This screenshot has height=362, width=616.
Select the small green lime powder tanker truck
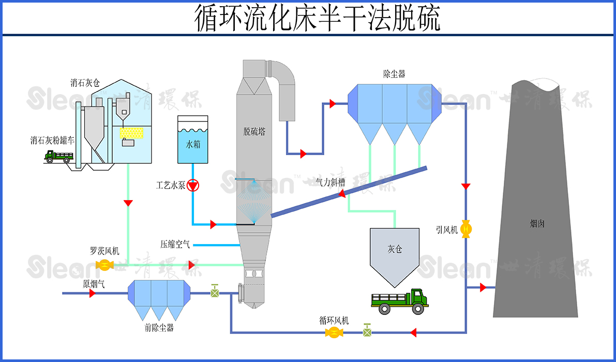pos(58,156)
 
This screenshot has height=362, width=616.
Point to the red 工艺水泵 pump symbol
pos(193,185)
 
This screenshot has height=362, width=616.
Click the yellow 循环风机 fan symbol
pos(334,333)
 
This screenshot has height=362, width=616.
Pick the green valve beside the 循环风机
pos(367,331)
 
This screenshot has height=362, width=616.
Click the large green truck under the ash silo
pos(400,301)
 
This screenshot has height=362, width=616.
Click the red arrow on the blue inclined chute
pos(342,194)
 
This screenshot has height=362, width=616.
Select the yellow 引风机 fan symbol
pos(467,229)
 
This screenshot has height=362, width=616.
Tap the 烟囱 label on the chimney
pos(537,224)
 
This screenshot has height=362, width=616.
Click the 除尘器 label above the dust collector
pos(394,74)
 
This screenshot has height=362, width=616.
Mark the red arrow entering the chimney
pos(483,288)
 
